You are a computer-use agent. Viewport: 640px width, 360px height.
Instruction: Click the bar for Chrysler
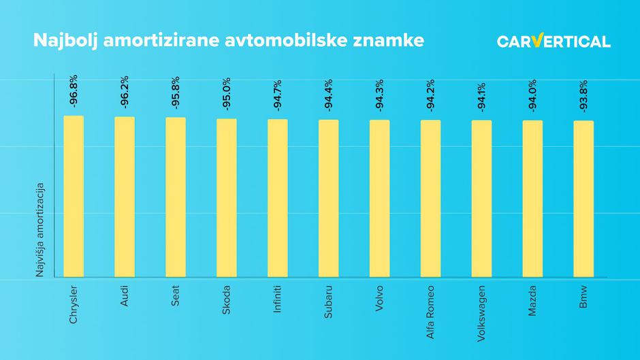pos(74,197)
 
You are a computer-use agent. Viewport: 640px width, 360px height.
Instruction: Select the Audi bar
pos(125,197)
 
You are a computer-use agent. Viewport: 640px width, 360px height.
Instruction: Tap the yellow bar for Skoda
pos(227,198)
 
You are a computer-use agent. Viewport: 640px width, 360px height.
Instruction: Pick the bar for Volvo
pos(380,199)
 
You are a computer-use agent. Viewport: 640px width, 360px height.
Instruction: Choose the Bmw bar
pos(583,199)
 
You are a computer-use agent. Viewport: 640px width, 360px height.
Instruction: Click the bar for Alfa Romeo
pos(430,199)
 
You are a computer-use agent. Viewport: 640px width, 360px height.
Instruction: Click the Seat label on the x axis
pos(176,296)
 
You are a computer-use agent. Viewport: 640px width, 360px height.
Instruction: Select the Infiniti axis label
pos(278,299)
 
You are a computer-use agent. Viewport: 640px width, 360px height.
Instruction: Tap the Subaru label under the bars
pos(329,300)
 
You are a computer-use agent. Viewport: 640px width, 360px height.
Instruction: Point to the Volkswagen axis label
pos(481,309)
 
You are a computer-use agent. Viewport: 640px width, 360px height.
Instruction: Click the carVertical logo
pos(553,42)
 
